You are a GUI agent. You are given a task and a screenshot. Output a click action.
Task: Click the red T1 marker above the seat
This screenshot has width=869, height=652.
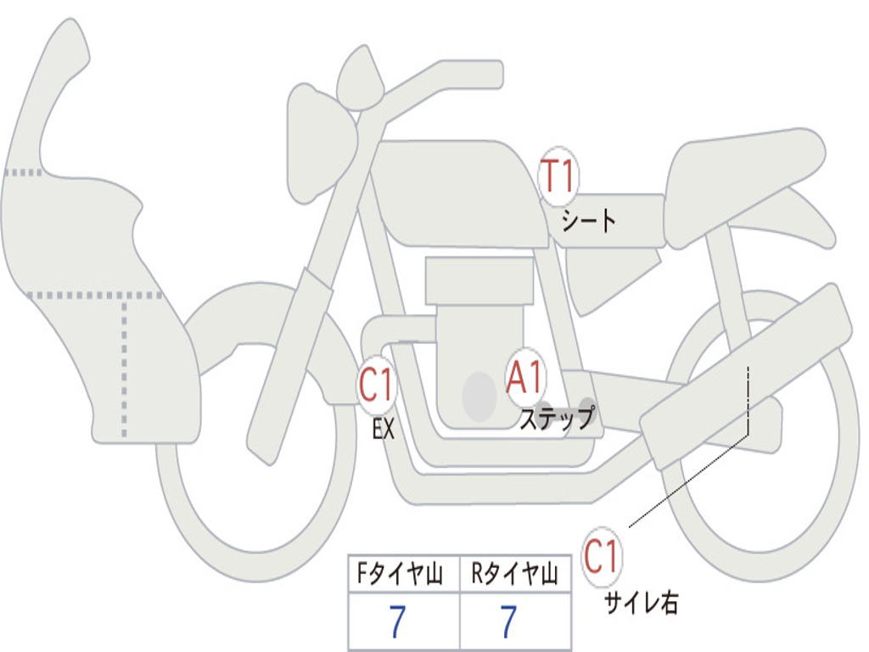click(558, 177)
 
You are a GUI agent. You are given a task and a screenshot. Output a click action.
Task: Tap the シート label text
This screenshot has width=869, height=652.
click(588, 221)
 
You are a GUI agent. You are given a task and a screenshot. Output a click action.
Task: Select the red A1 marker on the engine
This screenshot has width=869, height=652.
click(524, 378)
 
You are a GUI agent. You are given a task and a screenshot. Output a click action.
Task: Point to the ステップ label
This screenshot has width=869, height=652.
click(557, 418)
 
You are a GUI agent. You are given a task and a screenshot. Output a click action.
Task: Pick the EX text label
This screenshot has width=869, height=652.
click(384, 429)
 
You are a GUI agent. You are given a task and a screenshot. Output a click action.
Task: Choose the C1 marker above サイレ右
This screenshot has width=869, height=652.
click(602, 557)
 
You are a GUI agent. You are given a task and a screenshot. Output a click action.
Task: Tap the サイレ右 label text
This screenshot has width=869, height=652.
click(642, 603)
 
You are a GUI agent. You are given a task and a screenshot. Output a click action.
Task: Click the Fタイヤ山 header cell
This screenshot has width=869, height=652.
click(404, 574)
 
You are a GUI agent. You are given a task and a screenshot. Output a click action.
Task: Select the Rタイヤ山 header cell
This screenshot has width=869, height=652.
click(515, 574)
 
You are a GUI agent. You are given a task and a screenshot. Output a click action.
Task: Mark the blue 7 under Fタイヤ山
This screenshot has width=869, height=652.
click(397, 621)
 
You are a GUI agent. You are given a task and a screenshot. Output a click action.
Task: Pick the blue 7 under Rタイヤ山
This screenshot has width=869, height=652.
click(508, 621)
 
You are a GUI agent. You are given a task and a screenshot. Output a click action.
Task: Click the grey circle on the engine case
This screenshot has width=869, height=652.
click(479, 396)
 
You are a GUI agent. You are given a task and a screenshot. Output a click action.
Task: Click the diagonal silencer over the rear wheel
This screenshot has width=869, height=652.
click(746, 376)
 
